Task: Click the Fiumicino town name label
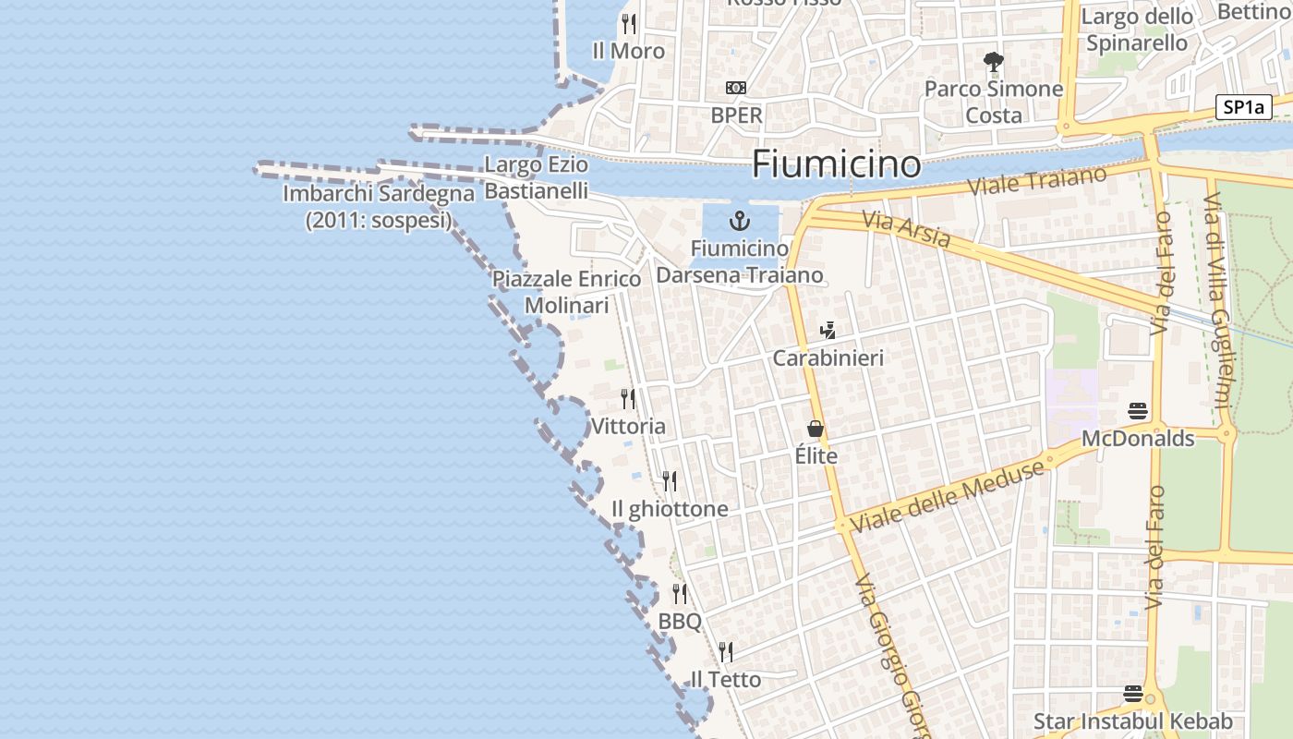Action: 836,164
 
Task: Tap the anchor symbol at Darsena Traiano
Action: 739,221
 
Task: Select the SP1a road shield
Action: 1243,107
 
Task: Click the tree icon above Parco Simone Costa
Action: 994,63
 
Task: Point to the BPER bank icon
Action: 736,88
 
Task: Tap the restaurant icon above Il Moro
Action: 629,23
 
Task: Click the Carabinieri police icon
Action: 828,331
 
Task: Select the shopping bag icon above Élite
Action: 816,429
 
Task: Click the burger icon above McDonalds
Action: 1138,411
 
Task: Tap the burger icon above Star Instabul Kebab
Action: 1133,694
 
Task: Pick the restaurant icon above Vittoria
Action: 628,399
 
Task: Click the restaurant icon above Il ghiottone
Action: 670,481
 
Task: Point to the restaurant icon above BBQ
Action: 680,594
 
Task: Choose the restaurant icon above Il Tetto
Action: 726,652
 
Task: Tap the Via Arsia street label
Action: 906,230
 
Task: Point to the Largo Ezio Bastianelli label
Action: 537,178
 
